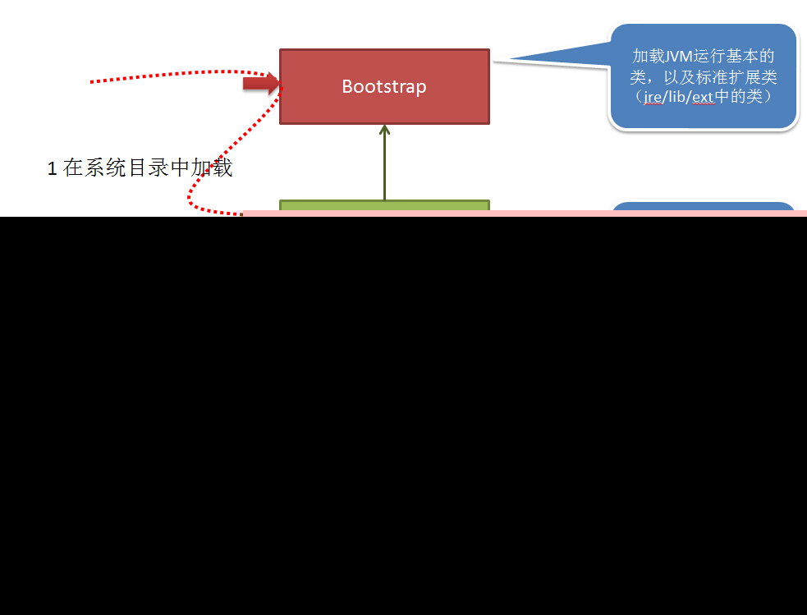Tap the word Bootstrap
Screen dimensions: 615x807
click(384, 86)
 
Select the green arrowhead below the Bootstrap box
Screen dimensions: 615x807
click(384, 129)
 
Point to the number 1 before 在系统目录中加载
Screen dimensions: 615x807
click(53, 169)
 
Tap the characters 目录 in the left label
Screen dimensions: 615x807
click(147, 168)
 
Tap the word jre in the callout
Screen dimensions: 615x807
click(653, 97)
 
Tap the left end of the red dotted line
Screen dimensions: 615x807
click(91, 81)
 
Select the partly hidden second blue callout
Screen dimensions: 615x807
click(704, 209)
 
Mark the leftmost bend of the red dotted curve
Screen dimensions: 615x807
click(190, 198)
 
